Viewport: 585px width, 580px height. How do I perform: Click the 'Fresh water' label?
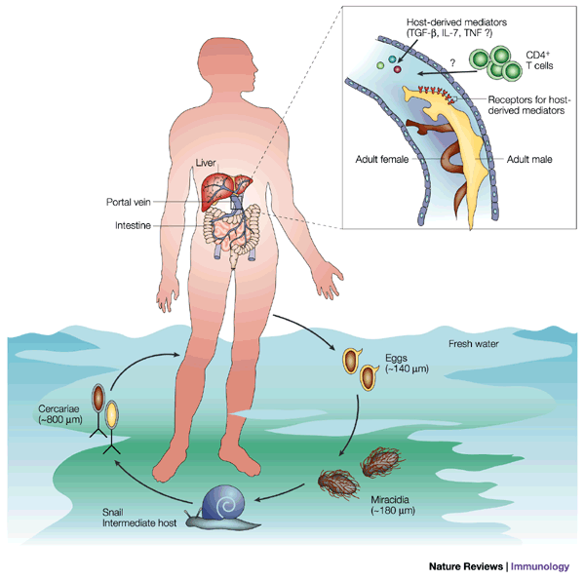click(475, 344)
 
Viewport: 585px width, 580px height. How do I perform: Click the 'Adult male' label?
click(526, 158)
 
